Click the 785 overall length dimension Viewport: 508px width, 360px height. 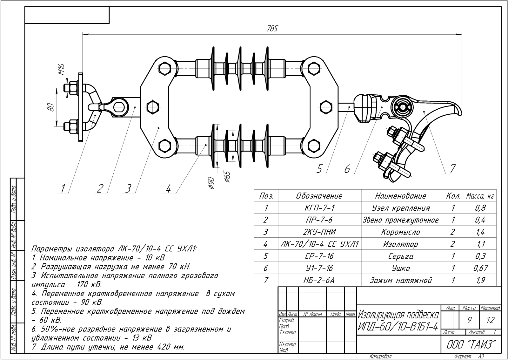(272, 28)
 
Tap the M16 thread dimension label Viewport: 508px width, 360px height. (62, 69)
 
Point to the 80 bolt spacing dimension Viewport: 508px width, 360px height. (51, 107)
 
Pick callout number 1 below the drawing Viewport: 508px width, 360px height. (63, 189)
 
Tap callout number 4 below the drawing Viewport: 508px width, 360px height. (168, 189)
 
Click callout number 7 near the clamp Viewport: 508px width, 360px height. (452, 168)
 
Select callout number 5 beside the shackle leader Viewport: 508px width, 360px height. (319, 169)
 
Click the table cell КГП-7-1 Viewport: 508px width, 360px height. (319, 208)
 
